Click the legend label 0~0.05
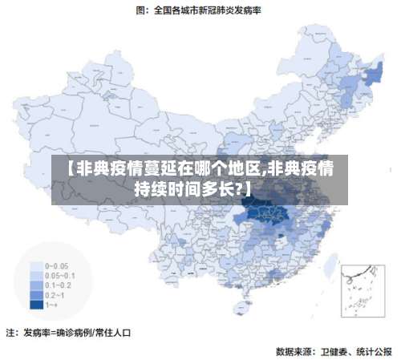click(x=56, y=265)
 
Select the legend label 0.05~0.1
click(x=59, y=275)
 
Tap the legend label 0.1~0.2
click(x=58, y=285)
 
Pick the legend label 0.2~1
click(x=56, y=294)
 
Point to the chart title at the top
click(x=200, y=10)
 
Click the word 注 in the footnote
click(x=10, y=331)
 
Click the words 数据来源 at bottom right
click(x=294, y=350)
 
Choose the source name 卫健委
click(x=334, y=350)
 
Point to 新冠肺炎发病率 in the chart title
click(x=236, y=10)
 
